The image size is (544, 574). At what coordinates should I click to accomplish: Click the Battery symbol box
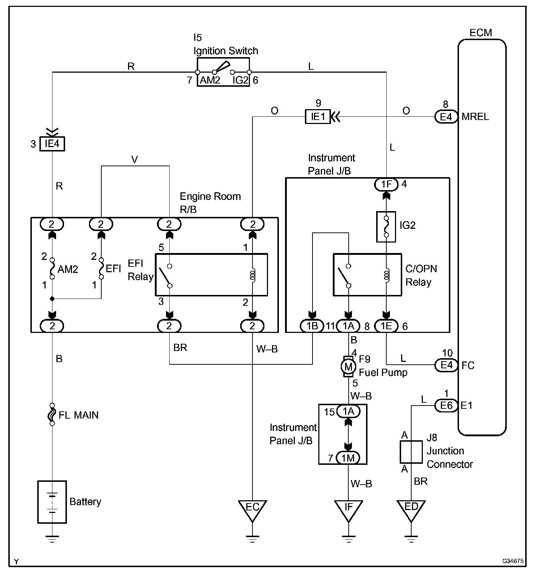(52, 502)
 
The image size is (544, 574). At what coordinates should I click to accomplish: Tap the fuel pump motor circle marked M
(348, 367)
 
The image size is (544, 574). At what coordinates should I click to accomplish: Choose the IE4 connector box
(52, 144)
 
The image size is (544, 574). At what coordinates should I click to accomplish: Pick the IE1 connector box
(318, 117)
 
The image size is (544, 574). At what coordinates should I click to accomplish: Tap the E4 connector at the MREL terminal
(446, 117)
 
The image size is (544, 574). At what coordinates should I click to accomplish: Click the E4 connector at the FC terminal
(446, 365)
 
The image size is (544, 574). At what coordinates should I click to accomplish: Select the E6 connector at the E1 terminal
(446, 406)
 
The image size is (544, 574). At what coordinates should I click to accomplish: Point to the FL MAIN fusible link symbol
(52, 414)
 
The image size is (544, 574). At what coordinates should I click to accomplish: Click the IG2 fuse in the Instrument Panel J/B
(386, 227)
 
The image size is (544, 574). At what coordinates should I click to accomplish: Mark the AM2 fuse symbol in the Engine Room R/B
(52, 268)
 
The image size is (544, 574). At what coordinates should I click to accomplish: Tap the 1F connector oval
(386, 184)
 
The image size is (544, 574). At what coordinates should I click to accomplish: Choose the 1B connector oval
(312, 326)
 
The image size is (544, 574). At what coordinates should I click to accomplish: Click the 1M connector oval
(348, 458)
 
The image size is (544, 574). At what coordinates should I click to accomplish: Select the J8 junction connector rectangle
(411, 452)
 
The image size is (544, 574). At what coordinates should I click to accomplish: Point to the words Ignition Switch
(226, 51)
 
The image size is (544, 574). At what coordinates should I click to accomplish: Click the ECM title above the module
(481, 33)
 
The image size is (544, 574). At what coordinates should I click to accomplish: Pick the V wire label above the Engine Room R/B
(135, 160)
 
